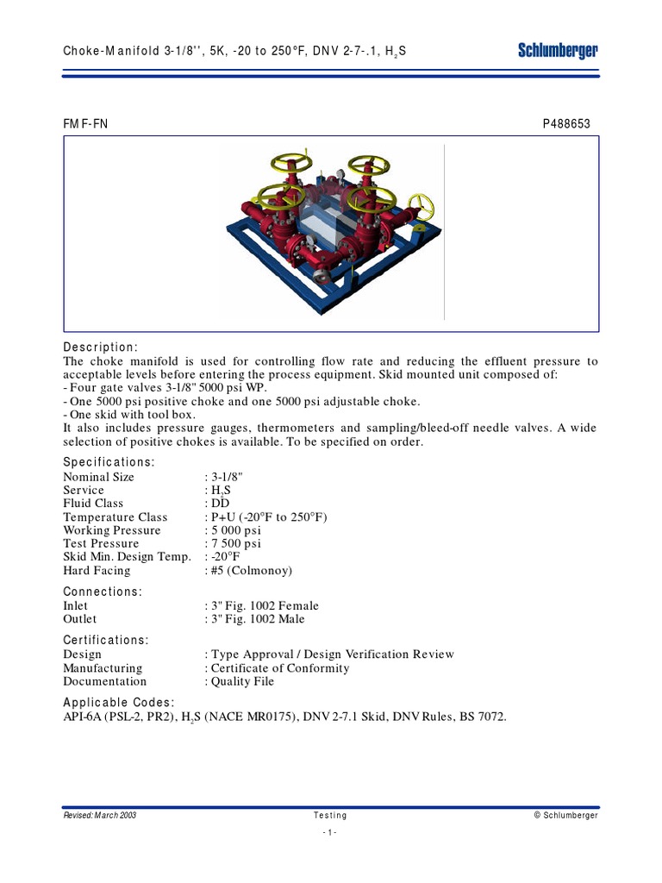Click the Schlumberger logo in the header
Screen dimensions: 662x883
coord(558,52)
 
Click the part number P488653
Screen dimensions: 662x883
coord(566,124)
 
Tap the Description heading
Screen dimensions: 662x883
coord(100,347)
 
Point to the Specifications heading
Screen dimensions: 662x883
coord(109,462)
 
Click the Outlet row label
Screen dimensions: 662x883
coord(80,619)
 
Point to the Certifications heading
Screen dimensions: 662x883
coord(106,640)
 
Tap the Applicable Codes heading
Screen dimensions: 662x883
coord(119,702)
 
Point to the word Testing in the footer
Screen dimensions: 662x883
coord(330,815)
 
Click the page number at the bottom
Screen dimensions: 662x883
coord(330,832)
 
